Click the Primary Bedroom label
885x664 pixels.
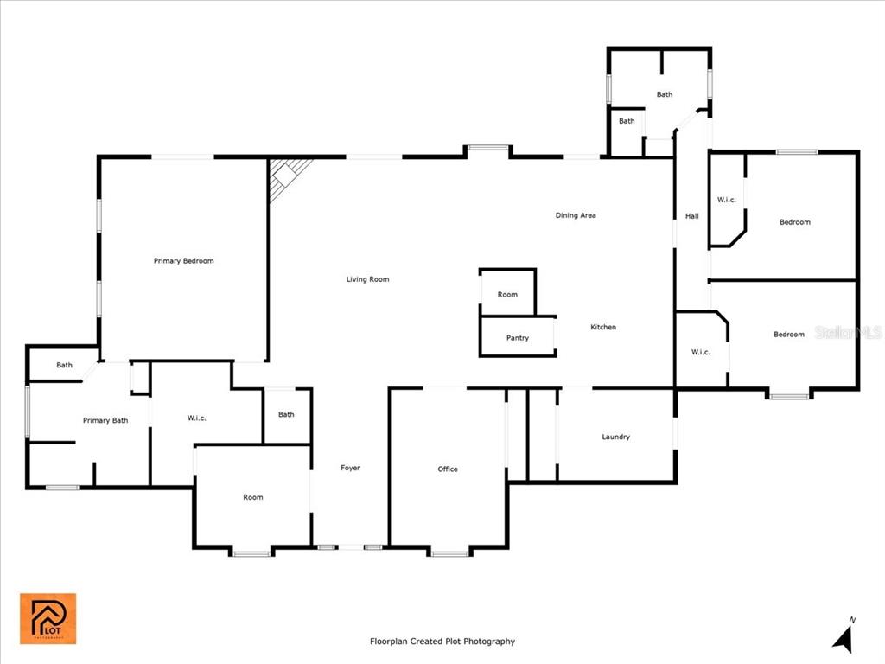[183, 261]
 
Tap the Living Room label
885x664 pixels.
[367, 279]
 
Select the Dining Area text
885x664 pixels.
[575, 215]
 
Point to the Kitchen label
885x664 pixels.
[602, 327]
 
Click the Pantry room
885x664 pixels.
[518, 336]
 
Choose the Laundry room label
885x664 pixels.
[615, 437]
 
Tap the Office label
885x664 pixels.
[448, 469]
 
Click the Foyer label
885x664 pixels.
[350, 468]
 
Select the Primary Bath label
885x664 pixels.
[105, 420]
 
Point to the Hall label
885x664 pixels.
[692, 215]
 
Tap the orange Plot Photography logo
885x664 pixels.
[48, 618]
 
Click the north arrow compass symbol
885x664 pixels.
[844, 636]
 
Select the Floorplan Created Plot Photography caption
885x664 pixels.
[442, 641]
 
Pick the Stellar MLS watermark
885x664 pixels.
[849, 333]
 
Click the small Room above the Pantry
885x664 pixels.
[507, 292]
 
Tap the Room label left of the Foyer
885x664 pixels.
[253, 497]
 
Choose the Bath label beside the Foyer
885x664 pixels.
[286, 414]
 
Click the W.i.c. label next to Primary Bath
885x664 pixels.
[196, 418]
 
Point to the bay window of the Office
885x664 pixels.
[449, 552]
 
